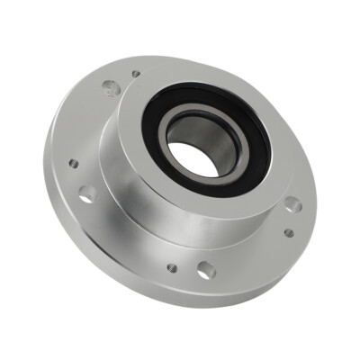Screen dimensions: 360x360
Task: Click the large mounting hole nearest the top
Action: pyautogui.click(x=109, y=88)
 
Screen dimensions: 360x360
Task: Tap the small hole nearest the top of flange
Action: pyautogui.click(x=135, y=75)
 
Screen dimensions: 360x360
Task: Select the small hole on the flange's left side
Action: pyautogui.click(x=74, y=164)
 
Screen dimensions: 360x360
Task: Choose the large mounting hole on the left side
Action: pyautogui.click(x=87, y=193)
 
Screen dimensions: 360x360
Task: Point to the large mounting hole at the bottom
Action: pyautogui.click(x=205, y=268)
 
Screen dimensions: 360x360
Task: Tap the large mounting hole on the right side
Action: pyautogui.click(x=292, y=204)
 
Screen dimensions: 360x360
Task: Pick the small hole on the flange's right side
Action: pyautogui.click(x=288, y=232)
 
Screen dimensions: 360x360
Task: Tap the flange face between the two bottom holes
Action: pyautogui.click(x=187, y=269)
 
